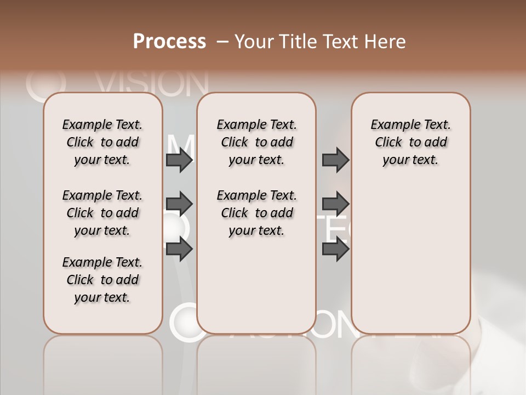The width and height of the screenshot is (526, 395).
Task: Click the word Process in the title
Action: point(169,42)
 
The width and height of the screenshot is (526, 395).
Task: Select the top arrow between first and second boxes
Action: point(179,160)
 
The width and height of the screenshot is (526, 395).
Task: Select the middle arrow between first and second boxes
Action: point(179,204)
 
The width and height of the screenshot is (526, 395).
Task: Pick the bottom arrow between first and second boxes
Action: point(179,249)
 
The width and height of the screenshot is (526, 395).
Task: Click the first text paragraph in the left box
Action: point(102,142)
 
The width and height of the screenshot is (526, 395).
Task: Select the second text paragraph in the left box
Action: point(102,213)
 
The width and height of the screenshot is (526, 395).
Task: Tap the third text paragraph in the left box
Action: point(102,280)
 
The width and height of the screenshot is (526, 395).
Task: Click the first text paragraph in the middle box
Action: point(256,142)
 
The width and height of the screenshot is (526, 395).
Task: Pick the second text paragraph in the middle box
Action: point(256,213)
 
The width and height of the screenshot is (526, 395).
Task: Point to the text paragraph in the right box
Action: point(410,142)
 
